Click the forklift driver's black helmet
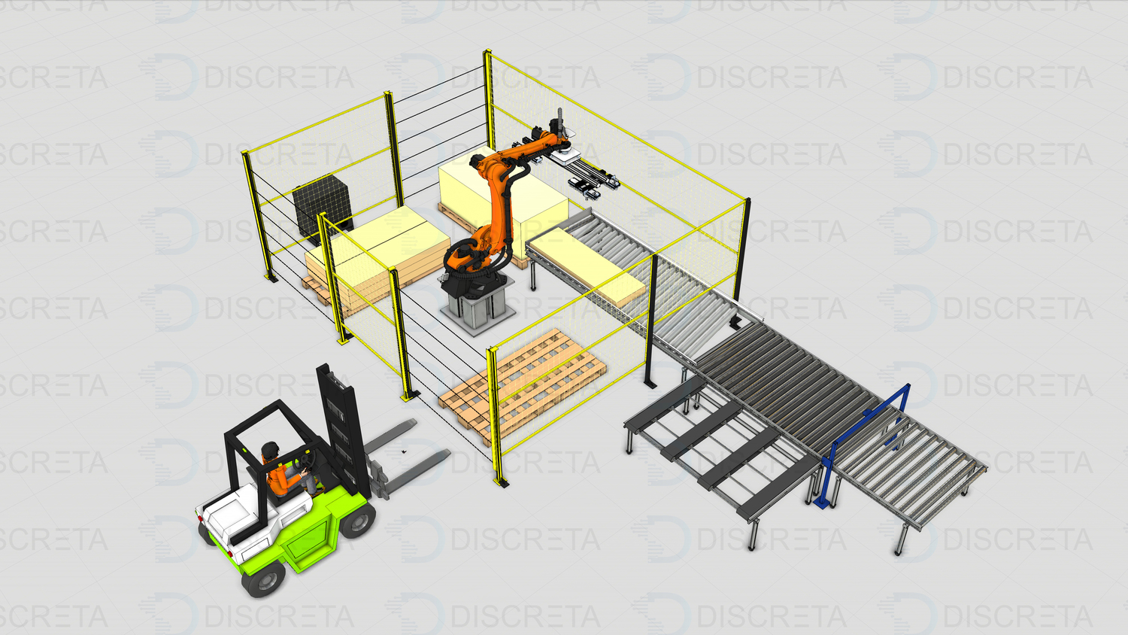pyautogui.click(x=270, y=449)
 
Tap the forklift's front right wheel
pyautogui.click(x=357, y=521)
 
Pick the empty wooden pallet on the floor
pyautogui.click(x=523, y=385)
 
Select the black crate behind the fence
pyautogui.click(x=323, y=207)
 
